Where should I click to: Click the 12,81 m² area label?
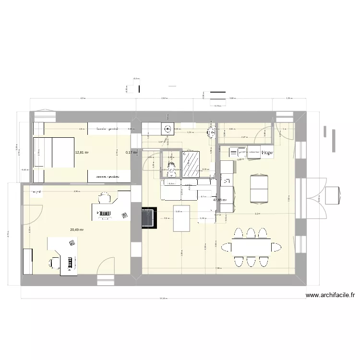[x=82, y=153]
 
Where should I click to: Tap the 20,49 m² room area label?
[x=77, y=229]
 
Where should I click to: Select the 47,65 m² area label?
[x=220, y=200]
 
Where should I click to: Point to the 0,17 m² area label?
[x=132, y=153]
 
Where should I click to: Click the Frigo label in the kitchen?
[x=268, y=153]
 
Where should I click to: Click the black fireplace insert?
[x=149, y=217]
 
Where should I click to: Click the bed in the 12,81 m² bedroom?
[x=53, y=153]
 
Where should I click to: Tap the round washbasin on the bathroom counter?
[x=168, y=129]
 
